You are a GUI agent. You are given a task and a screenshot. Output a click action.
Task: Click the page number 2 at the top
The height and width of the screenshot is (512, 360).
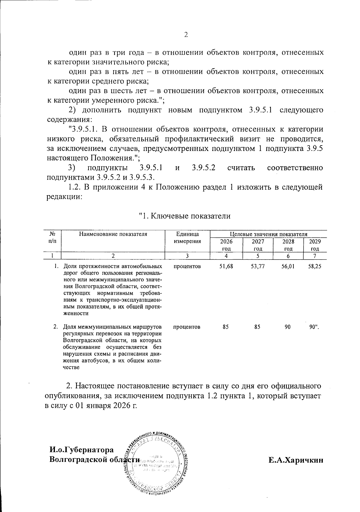186,35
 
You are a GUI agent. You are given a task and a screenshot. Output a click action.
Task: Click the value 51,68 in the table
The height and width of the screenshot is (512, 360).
226,266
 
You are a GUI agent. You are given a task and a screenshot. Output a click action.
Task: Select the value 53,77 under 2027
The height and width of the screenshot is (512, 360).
257,266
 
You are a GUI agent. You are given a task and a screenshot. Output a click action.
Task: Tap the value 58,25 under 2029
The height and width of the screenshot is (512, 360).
315,266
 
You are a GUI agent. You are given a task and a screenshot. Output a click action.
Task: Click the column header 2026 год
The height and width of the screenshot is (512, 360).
226,245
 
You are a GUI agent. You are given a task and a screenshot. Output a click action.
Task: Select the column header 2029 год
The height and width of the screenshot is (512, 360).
315,245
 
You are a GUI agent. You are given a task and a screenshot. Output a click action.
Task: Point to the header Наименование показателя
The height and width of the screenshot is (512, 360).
113,234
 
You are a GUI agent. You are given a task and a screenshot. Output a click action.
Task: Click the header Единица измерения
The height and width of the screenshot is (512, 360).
187,238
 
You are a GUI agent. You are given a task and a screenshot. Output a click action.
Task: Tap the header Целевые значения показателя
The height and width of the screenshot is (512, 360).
268,234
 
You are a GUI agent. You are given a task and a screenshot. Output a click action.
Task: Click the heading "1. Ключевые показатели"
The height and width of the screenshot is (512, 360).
185,216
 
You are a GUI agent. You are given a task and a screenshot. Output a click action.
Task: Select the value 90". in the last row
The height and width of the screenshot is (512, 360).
314,327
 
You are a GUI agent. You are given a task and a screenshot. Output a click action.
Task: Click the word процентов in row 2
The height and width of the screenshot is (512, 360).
187,327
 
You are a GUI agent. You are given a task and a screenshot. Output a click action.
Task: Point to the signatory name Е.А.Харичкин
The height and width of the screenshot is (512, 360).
296,460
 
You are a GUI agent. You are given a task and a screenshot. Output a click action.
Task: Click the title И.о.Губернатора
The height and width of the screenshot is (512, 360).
82,450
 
